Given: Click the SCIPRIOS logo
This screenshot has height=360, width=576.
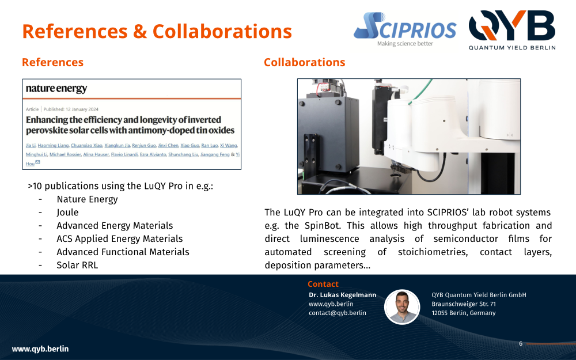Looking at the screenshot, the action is [x=405, y=29].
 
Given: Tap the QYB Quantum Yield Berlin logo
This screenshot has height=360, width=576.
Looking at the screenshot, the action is [x=512, y=30].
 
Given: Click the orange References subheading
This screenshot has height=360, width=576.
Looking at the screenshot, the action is [x=52, y=62].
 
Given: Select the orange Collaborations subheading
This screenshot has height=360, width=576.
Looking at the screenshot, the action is [x=305, y=62].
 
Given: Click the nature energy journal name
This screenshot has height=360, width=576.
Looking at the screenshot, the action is [x=56, y=89].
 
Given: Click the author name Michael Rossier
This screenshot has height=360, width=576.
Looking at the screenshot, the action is [x=65, y=154].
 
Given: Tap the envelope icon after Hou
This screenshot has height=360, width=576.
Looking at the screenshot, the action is [x=37, y=162].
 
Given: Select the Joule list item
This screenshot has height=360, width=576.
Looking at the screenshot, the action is [x=67, y=213].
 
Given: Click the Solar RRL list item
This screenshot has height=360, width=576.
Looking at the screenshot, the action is [x=77, y=265].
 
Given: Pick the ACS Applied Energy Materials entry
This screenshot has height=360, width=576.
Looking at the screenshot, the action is [x=119, y=239].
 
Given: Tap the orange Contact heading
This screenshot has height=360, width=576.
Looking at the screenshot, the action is [x=323, y=284].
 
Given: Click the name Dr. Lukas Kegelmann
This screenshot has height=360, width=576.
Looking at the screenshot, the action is [x=342, y=295].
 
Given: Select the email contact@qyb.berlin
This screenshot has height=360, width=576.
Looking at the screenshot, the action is [x=337, y=313].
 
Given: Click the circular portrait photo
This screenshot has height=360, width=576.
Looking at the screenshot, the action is [x=402, y=307].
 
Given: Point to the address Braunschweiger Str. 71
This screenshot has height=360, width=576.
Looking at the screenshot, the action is [x=464, y=304].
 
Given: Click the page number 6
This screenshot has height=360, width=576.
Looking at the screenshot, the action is [x=521, y=343].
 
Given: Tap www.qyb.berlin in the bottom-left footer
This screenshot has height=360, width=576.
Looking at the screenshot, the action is [x=40, y=349].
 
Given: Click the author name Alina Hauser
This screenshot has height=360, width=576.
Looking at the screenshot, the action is [x=96, y=154].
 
